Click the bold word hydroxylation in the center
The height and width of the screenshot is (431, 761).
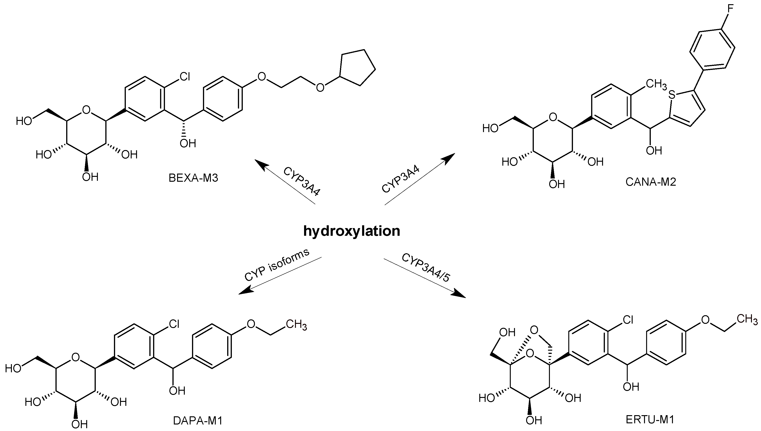352,231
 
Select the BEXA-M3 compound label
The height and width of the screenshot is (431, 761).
193,178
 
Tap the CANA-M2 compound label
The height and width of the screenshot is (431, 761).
651,182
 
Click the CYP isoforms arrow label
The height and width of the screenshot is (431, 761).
277,264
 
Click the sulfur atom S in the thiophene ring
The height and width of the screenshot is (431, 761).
672,95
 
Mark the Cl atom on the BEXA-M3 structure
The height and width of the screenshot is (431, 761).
185,77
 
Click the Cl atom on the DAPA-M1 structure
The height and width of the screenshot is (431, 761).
174,324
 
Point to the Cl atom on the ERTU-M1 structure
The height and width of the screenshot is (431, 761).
628,320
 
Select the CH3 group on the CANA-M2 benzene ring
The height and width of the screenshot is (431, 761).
656,84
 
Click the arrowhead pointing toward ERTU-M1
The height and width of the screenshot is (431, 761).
459,294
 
